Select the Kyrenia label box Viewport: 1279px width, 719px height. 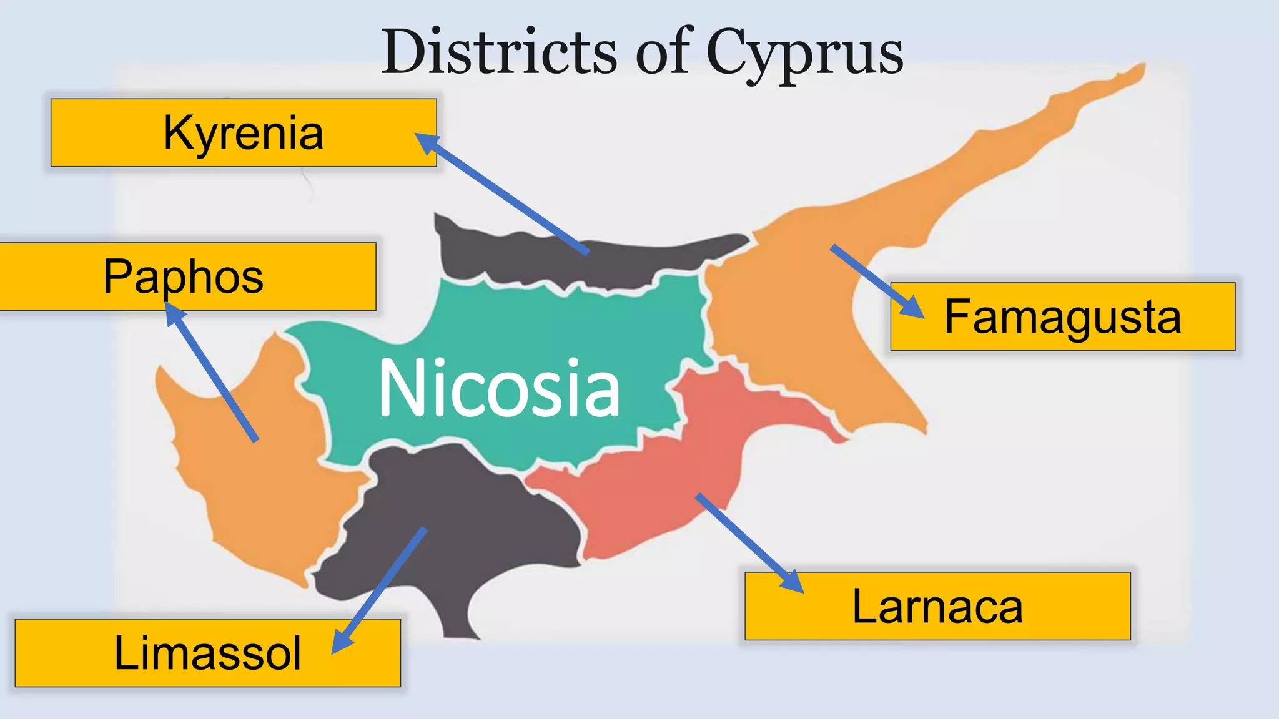click(x=243, y=132)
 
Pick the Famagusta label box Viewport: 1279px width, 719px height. click(x=1062, y=316)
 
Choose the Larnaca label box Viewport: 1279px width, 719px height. click(x=937, y=606)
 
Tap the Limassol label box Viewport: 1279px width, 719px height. click(x=207, y=653)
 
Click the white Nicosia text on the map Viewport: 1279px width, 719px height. click(x=499, y=388)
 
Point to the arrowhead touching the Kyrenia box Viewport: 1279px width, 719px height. click(x=427, y=143)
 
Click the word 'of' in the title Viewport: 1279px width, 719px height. click(x=663, y=52)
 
